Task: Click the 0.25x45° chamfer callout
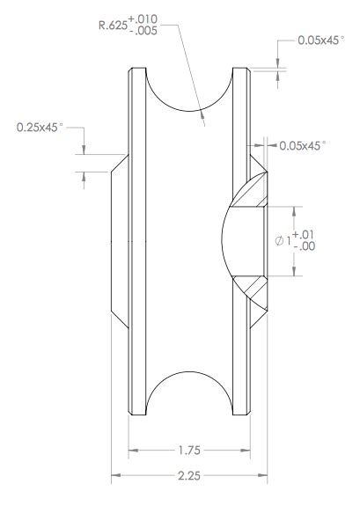tap(40, 128)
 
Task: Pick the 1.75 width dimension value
tap(189, 449)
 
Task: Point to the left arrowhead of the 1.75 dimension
tap(134, 449)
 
